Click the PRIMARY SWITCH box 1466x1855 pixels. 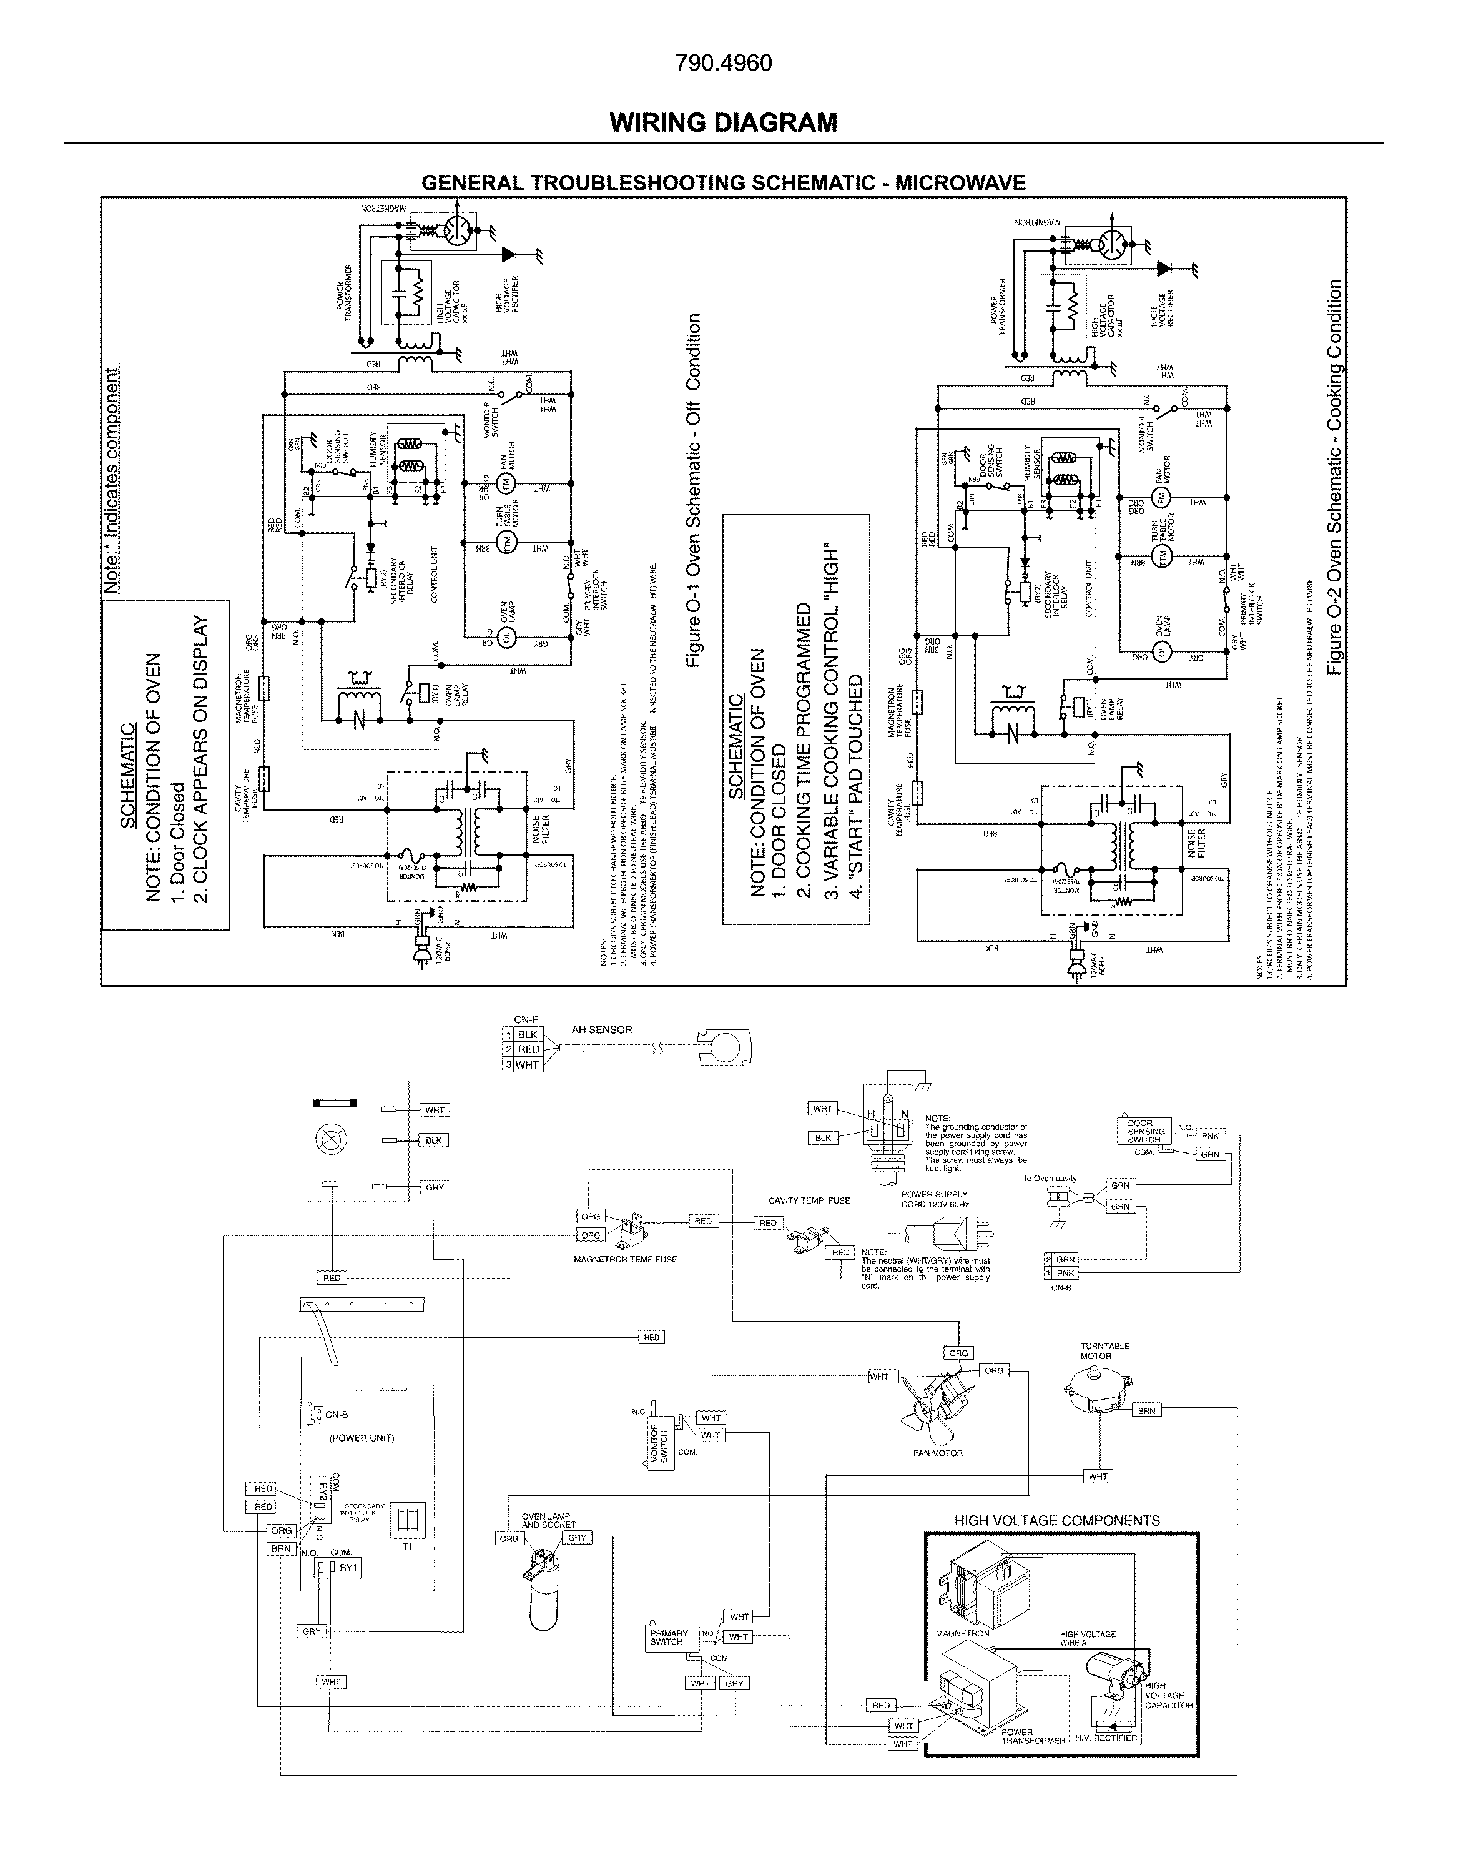pos(669,1638)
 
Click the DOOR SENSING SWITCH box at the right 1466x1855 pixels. pos(1145,1131)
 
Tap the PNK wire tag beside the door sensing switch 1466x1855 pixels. pos(1210,1135)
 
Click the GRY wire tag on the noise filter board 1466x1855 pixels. pos(435,1187)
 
